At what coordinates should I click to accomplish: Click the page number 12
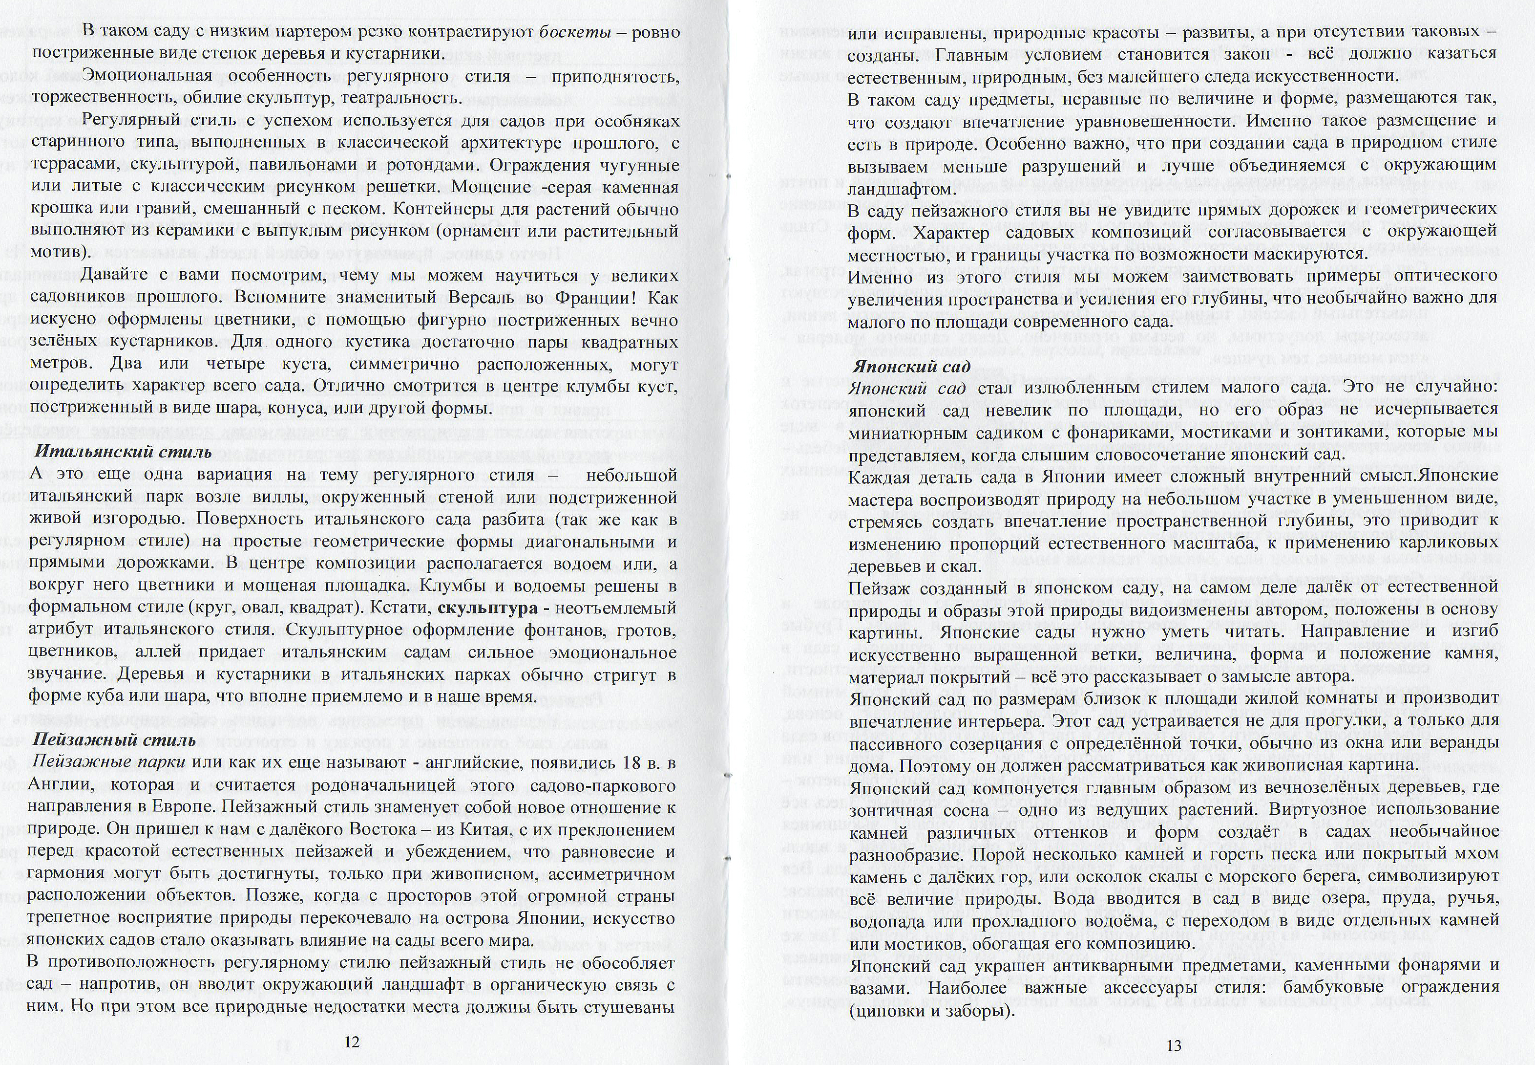[352, 1043]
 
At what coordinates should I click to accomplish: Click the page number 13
[1174, 1045]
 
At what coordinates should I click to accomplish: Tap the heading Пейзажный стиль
[114, 739]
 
